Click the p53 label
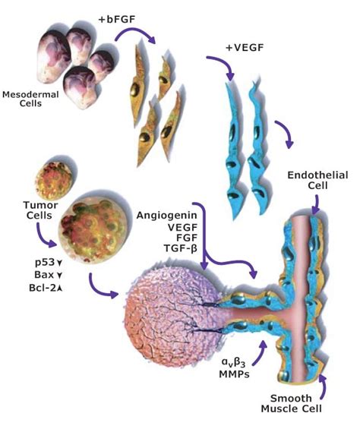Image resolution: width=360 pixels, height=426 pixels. tap(30, 261)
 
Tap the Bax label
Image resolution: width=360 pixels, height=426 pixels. tap(30, 274)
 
